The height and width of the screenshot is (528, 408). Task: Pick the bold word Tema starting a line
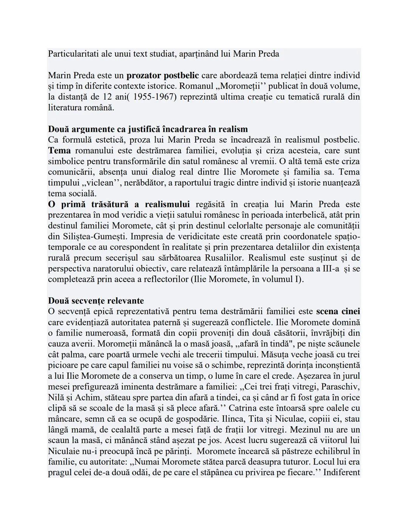[59, 150]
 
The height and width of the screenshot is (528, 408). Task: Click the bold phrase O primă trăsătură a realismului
[119, 204]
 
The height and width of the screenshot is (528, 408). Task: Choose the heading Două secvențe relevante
[96, 301]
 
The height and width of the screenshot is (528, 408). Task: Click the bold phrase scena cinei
[338, 311]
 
